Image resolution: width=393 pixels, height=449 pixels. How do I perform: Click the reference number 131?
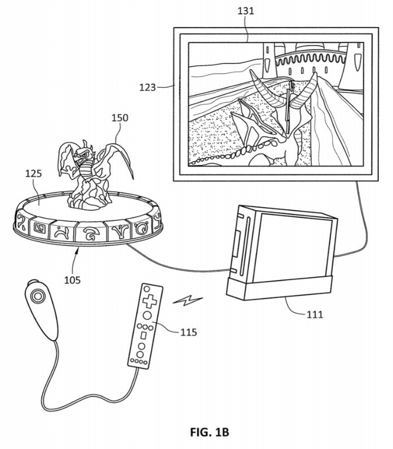point(246,11)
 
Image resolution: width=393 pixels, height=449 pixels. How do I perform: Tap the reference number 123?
point(147,87)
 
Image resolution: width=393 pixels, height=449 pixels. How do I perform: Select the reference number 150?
point(120,118)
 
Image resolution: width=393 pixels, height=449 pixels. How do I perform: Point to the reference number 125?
point(33,173)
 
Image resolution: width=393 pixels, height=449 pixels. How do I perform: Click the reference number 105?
point(72,280)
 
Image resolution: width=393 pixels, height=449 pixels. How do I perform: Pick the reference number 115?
point(188,332)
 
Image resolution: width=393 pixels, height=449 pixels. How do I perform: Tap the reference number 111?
point(315,314)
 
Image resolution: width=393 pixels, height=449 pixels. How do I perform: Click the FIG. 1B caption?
point(209,432)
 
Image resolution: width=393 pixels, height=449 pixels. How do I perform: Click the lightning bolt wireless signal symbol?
point(188,301)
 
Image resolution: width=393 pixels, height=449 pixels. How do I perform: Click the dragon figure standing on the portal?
point(93,173)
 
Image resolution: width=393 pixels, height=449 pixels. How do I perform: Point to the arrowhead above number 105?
point(77,251)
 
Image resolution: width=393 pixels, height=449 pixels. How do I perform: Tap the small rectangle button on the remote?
point(144,335)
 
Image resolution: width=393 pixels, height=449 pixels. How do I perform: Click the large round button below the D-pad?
point(147,315)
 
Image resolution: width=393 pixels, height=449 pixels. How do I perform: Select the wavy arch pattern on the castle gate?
point(310,59)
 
